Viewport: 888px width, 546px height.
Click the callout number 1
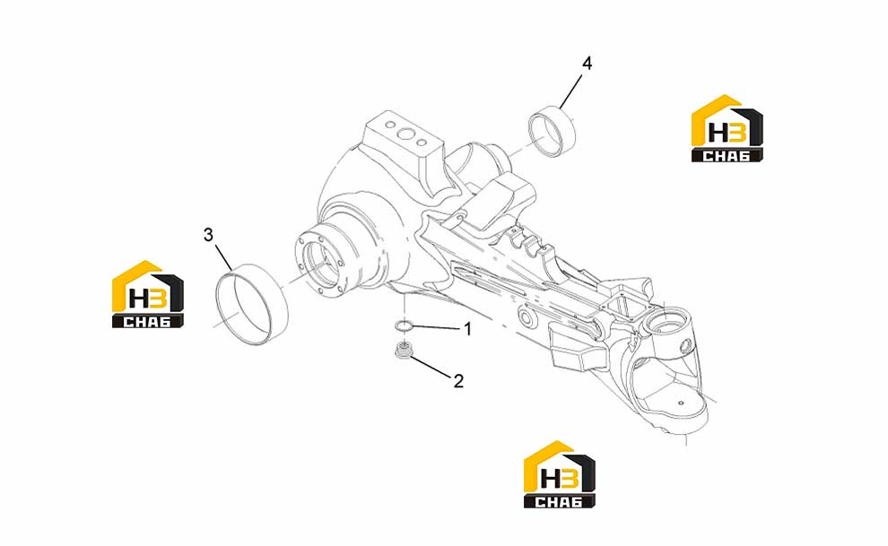(x=468, y=329)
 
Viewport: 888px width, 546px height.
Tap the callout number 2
(x=458, y=381)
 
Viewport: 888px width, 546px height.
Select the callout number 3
(x=208, y=235)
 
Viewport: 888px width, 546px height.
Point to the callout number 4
(x=588, y=64)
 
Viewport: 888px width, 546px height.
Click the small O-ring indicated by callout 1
(x=405, y=325)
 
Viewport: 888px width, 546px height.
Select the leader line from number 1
(x=436, y=327)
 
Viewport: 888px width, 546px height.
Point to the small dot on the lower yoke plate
(x=682, y=403)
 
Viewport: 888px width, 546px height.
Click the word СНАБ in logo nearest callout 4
(x=726, y=155)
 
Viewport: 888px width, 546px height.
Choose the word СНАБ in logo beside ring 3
(x=147, y=322)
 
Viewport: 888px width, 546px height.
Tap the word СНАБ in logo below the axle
(x=558, y=502)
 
